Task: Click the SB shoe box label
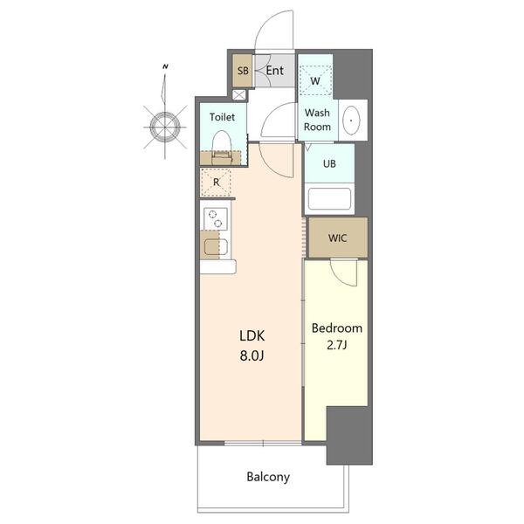pyautogui.click(x=243, y=71)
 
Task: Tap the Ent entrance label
pyautogui.click(x=275, y=71)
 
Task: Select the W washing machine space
pyautogui.click(x=315, y=80)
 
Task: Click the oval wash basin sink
pyautogui.click(x=351, y=121)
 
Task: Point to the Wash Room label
pyautogui.click(x=317, y=120)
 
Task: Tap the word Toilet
pyautogui.click(x=222, y=117)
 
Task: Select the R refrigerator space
pyautogui.click(x=216, y=183)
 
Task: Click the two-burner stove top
pyautogui.click(x=216, y=218)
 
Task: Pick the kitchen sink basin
pyautogui.click(x=216, y=247)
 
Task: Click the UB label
pyautogui.click(x=329, y=164)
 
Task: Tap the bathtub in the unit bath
pyautogui.click(x=329, y=199)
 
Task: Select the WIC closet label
pyautogui.click(x=337, y=238)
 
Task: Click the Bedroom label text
pyautogui.click(x=337, y=328)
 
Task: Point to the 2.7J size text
pyautogui.click(x=337, y=345)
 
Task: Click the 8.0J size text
pyautogui.click(x=252, y=356)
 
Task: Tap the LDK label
pyautogui.click(x=252, y=336)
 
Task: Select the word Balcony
pyautogui.click(x=268, y=477)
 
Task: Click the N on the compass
pyautogui.click(x=165, y=66)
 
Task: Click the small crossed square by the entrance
pyautogui.click(x=238, y=94)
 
